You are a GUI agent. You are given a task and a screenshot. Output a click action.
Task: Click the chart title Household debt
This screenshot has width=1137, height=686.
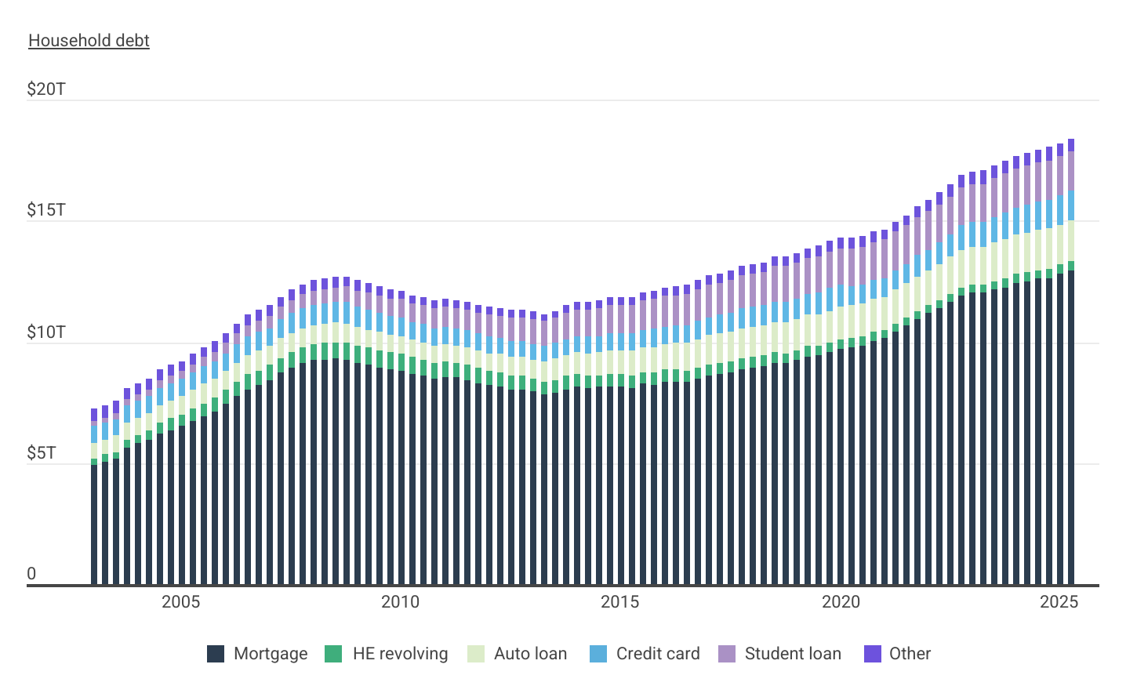tap(89, 41)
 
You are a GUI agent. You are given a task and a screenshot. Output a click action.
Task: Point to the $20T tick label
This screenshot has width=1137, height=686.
tap(46, 89)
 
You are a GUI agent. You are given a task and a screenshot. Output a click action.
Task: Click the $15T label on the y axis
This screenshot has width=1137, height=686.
tap(46, 210)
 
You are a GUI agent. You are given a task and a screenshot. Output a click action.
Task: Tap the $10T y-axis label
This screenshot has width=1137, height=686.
tap(46, 332)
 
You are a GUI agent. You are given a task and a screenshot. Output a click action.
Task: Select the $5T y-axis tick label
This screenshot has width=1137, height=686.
tap(42, 453)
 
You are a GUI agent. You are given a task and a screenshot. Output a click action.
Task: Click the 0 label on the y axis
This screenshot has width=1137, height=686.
tap(31, 574)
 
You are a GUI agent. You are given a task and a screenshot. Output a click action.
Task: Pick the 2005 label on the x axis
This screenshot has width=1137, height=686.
tap(180, 602)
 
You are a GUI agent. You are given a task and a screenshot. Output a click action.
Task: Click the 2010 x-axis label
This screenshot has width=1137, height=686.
tap(400, 602)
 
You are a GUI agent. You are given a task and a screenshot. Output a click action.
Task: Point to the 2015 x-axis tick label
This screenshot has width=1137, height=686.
tap(619, 602)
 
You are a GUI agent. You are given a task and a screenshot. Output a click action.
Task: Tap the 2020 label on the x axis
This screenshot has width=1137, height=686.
tap(841, 602)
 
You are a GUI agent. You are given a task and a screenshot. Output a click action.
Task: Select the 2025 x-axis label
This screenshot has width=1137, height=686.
tap(1059, 602)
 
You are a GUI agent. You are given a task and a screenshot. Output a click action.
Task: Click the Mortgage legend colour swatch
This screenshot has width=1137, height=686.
tap(216, 654)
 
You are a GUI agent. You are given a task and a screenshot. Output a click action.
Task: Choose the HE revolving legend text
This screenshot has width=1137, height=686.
tap(400, 654)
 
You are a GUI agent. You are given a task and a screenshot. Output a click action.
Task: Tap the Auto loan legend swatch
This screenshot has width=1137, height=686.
tap(476, 654)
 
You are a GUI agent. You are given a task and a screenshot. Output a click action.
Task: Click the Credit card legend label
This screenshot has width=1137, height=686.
tap(658, 654)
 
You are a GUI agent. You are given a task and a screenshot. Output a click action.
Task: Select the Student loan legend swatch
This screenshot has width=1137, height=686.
tap(727, 654)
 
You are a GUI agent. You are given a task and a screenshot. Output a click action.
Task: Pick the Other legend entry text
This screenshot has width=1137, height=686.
tap(910, 654)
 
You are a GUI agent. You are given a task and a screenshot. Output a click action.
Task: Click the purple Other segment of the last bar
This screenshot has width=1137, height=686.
tap(1071, 145)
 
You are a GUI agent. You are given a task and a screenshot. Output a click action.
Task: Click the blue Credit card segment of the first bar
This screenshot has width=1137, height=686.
tap(94, 434)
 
